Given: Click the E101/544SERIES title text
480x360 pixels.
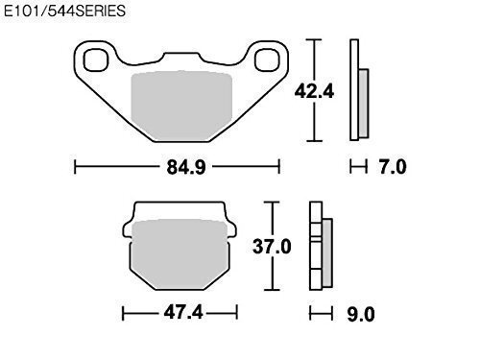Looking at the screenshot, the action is point(64,11).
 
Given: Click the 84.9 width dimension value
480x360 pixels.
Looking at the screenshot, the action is point(186,167).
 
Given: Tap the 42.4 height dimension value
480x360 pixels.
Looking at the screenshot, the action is point(314,91).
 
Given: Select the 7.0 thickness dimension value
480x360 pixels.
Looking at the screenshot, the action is point(393,167).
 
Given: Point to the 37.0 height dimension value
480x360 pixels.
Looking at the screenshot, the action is point(272,247).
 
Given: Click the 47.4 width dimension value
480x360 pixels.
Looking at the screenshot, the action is point(183,312).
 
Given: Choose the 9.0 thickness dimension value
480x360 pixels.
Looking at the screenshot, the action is point(361,315).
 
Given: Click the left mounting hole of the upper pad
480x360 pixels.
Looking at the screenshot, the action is point(96,60).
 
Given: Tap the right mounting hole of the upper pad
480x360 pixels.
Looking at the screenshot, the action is point(267,60).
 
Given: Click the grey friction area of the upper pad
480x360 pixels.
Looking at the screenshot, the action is point(181,106).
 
